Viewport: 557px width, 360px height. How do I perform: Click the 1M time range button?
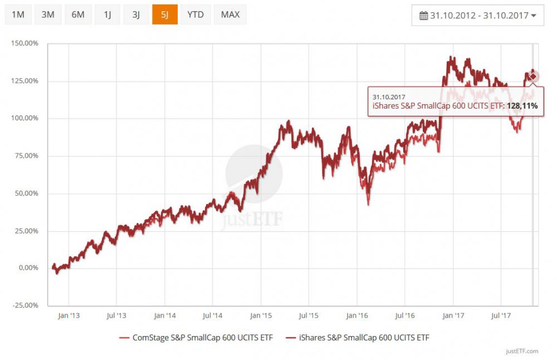tap(18, 14)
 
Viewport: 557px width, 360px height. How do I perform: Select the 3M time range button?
tap(48, 14)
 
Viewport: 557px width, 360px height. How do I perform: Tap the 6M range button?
tap(78, 14)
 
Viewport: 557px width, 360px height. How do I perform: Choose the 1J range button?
tap(108, 14)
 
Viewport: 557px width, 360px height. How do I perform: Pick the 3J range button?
tap(136, 14)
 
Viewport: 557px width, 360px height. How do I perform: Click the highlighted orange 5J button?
tap(165, 14)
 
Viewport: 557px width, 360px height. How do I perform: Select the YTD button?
tap(196, 14)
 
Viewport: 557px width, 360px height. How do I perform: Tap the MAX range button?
tap(230, 14)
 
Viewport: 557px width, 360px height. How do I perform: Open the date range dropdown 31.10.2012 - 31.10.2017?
tap(478, 16)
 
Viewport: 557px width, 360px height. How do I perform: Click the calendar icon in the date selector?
tap(423, 16)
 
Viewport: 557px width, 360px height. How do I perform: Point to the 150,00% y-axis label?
tap(25, 43)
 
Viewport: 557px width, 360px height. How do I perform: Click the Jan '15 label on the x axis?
tap(261, 316)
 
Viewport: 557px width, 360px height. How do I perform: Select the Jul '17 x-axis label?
tap(501, 316)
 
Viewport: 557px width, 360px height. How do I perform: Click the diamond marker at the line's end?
tap(533, 76)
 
